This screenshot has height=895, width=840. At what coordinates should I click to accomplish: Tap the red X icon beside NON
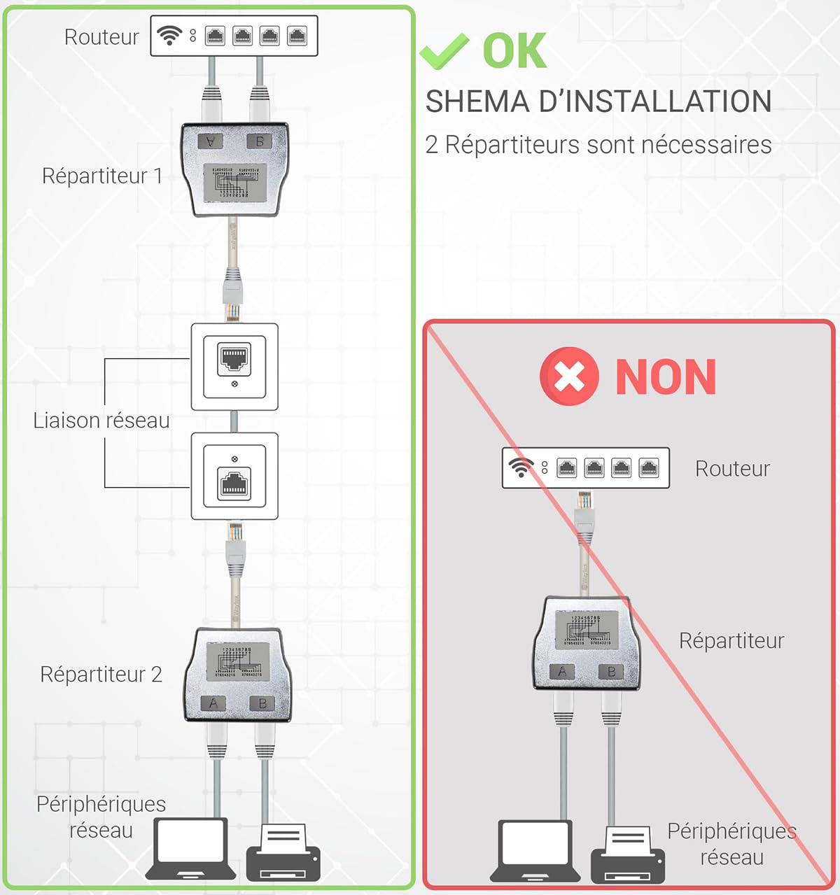click(569, 376)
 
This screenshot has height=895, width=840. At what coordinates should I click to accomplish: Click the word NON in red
click(666, 377)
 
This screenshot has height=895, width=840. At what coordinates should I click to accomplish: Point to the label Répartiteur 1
click(102, 176)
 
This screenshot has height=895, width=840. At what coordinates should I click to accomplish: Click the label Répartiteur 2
click(101, 674)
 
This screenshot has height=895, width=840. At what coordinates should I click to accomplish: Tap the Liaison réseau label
click(101, 420)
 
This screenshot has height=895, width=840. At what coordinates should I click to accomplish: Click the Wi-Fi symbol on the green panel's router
click(169, 35)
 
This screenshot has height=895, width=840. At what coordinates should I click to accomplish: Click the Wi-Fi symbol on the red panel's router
click(521, 467)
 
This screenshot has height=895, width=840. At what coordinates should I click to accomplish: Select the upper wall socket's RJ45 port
click(234, 357)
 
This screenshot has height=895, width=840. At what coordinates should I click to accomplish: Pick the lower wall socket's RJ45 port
click(234, 484)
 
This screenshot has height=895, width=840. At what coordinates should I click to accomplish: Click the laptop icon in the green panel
click(190, 848)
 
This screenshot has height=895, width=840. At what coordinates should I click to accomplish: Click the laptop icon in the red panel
click(535, 850)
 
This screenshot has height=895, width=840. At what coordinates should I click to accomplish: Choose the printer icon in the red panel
click(628, 854)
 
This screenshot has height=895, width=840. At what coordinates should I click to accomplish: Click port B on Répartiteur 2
click(262, 703)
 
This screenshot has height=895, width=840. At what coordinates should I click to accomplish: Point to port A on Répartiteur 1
click(210, 141)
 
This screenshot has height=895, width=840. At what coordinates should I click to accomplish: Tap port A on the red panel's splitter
click(562, 672)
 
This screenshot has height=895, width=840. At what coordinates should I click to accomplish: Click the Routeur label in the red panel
click(732, 468)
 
